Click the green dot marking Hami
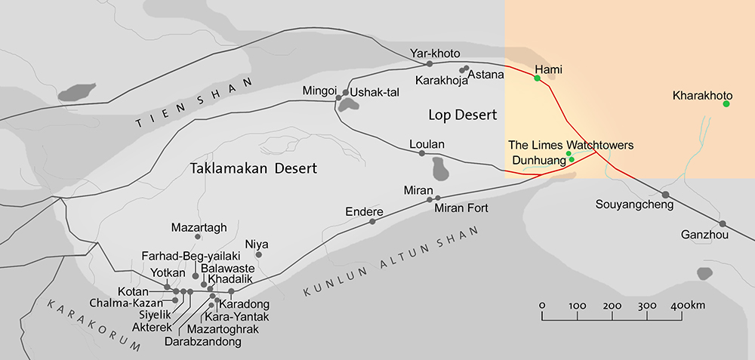coord(537,78)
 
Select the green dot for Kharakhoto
coord(726,103)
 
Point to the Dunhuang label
coord(538,160)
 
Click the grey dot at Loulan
coord(422,154)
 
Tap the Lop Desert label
coord(462,115)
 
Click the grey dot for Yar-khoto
coord(430,63)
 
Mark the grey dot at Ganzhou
coord(723,223)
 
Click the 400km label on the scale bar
coord(687,305)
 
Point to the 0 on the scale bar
coord(542,305)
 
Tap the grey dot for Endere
coord(372,222)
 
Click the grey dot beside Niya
coord(258,255)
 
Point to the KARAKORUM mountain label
coord(94,325)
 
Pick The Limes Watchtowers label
coord(570,144)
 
